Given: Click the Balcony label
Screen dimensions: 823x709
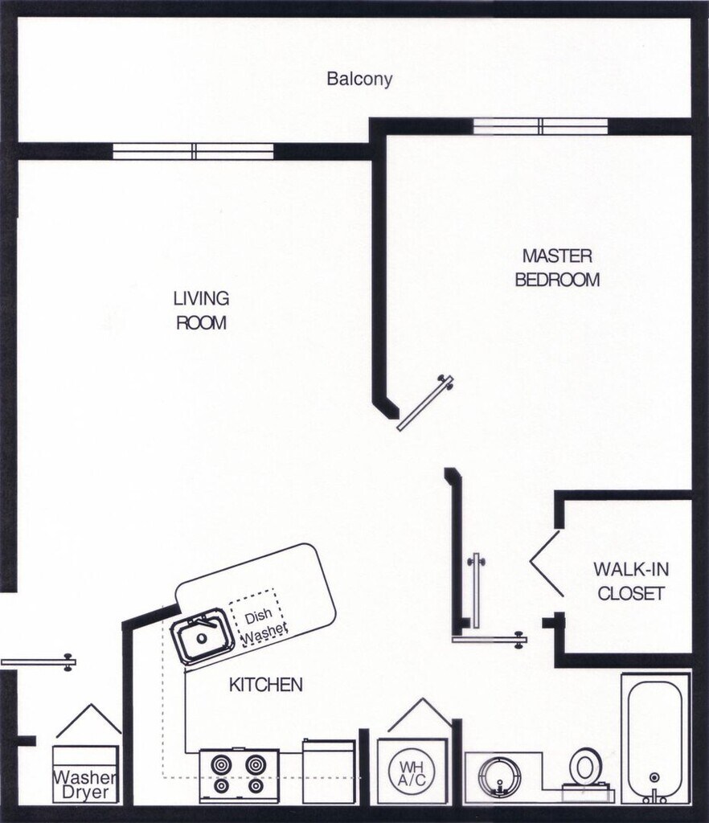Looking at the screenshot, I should pos(359,80).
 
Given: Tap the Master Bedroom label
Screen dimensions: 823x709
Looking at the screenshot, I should pos(557,268).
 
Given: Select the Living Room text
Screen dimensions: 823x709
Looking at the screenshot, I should pos(201,311).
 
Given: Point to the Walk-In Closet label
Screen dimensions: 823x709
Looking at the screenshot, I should pos(629,582).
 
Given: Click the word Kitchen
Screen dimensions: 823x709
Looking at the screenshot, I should pos(266,685).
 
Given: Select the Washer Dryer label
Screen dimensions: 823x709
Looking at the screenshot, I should pos(85,784).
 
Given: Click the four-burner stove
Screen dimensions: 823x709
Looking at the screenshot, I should pos(240,775).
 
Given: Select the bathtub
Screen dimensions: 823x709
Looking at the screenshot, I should pos(655,738).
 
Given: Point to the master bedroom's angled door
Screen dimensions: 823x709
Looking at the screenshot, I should pos(425,403).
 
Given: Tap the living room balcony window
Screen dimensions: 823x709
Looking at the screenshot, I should pos(193,152).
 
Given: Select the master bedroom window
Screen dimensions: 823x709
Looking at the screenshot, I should pos(540,126).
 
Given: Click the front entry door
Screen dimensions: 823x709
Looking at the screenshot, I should pos(39,663).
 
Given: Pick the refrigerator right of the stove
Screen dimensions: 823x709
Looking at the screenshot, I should pos(329,771).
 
